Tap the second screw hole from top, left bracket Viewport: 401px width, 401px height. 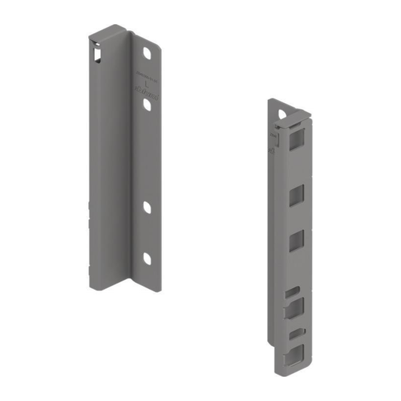pos(147,108)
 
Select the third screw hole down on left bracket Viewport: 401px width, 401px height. pos(147,206)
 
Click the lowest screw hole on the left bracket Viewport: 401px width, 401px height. pos(147,259)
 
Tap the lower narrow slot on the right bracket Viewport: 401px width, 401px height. pos(296,332)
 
